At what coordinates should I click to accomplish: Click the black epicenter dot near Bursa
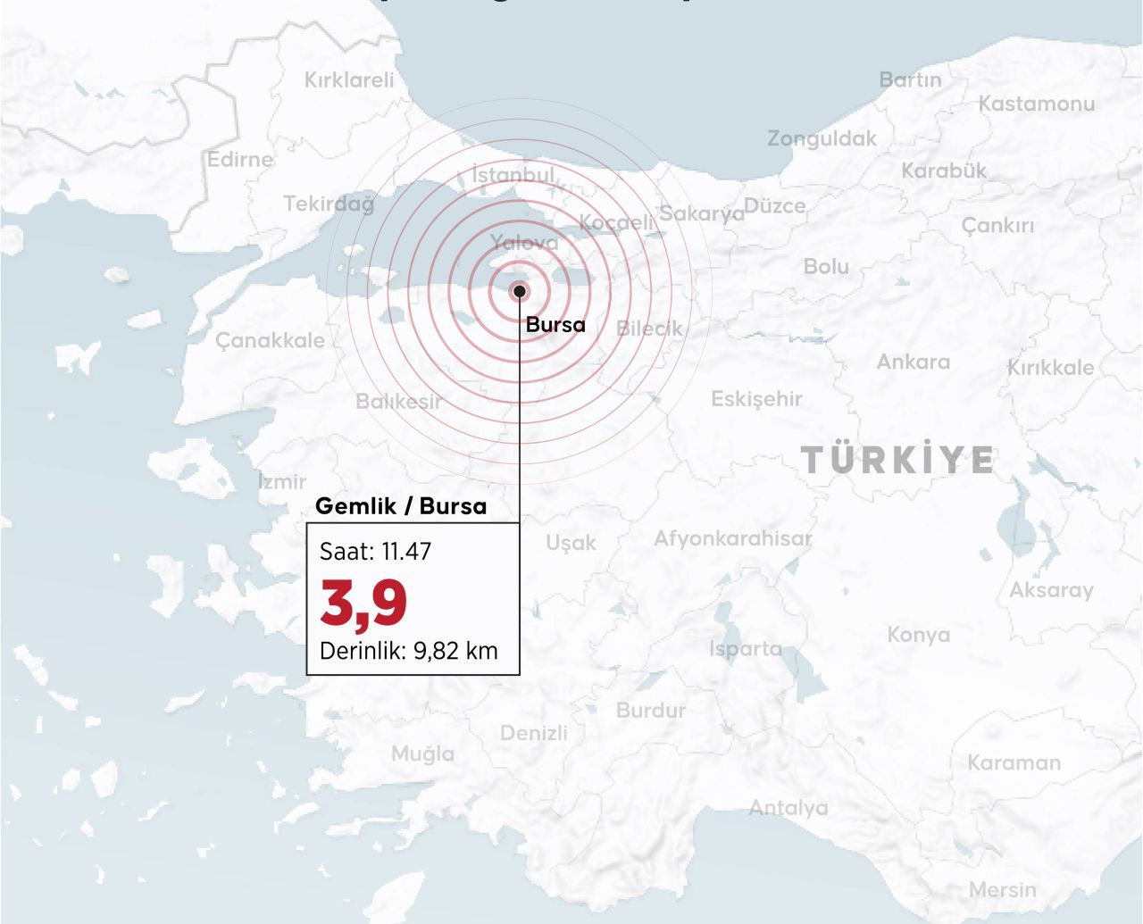tap(519, 291)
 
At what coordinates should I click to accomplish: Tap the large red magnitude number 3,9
tap(363, 604)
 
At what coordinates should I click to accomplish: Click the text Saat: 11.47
tap(375, 552)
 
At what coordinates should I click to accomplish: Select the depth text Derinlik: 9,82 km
tap(408, 650)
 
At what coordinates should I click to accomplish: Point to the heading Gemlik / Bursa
tap(401, 506)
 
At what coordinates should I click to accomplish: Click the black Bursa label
tap(555, 325)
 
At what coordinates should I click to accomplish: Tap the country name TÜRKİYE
tap(897, 460)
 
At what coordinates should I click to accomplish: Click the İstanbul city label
tap(513, 174)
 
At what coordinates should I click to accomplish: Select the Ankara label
tap(913, 362)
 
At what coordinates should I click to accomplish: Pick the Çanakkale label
tap(270, 340)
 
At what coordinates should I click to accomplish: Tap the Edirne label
tap(240, 160)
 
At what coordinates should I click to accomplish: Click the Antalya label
tap(788, 808)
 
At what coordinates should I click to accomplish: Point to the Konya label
tap(918, 635)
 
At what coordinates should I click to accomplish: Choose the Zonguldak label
tap(822, 138)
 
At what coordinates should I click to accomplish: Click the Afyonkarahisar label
tap(732, 538)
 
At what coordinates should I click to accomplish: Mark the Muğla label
tap(422, 753)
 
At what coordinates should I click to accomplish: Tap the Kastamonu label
tap(1036, 104)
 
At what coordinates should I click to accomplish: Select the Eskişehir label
tap(756, 399)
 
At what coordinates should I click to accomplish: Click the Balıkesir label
tap(398, 402)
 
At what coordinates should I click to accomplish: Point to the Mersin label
tap(1002, 890)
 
